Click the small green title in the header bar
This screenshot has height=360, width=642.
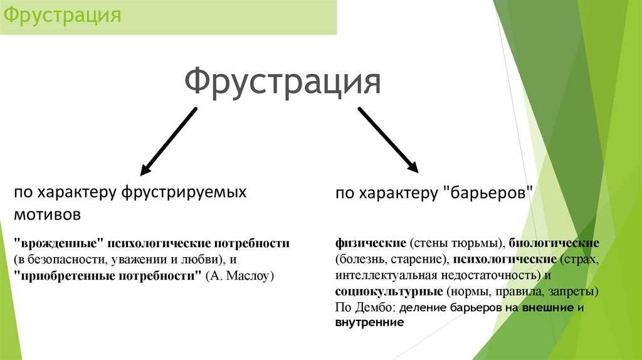tap(62, 16)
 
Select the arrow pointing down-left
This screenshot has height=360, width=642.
tap(169, 142)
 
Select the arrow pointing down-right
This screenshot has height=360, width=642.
tap(388, 140)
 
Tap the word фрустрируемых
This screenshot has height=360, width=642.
tap(184, 192)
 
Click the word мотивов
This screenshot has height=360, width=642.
tap(48, 214)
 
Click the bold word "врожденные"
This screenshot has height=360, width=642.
tap(58, 243)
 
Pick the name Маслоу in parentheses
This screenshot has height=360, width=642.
tap(248, 275)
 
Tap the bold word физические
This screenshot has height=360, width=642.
tap(371, 243)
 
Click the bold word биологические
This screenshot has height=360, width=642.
tap(554, 243)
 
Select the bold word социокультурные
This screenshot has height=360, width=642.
tap(389, 291)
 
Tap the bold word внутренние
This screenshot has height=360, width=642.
tap(369, 322)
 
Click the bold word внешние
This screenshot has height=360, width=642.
tap(548, 307)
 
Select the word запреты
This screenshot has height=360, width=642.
tap(572, 292)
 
